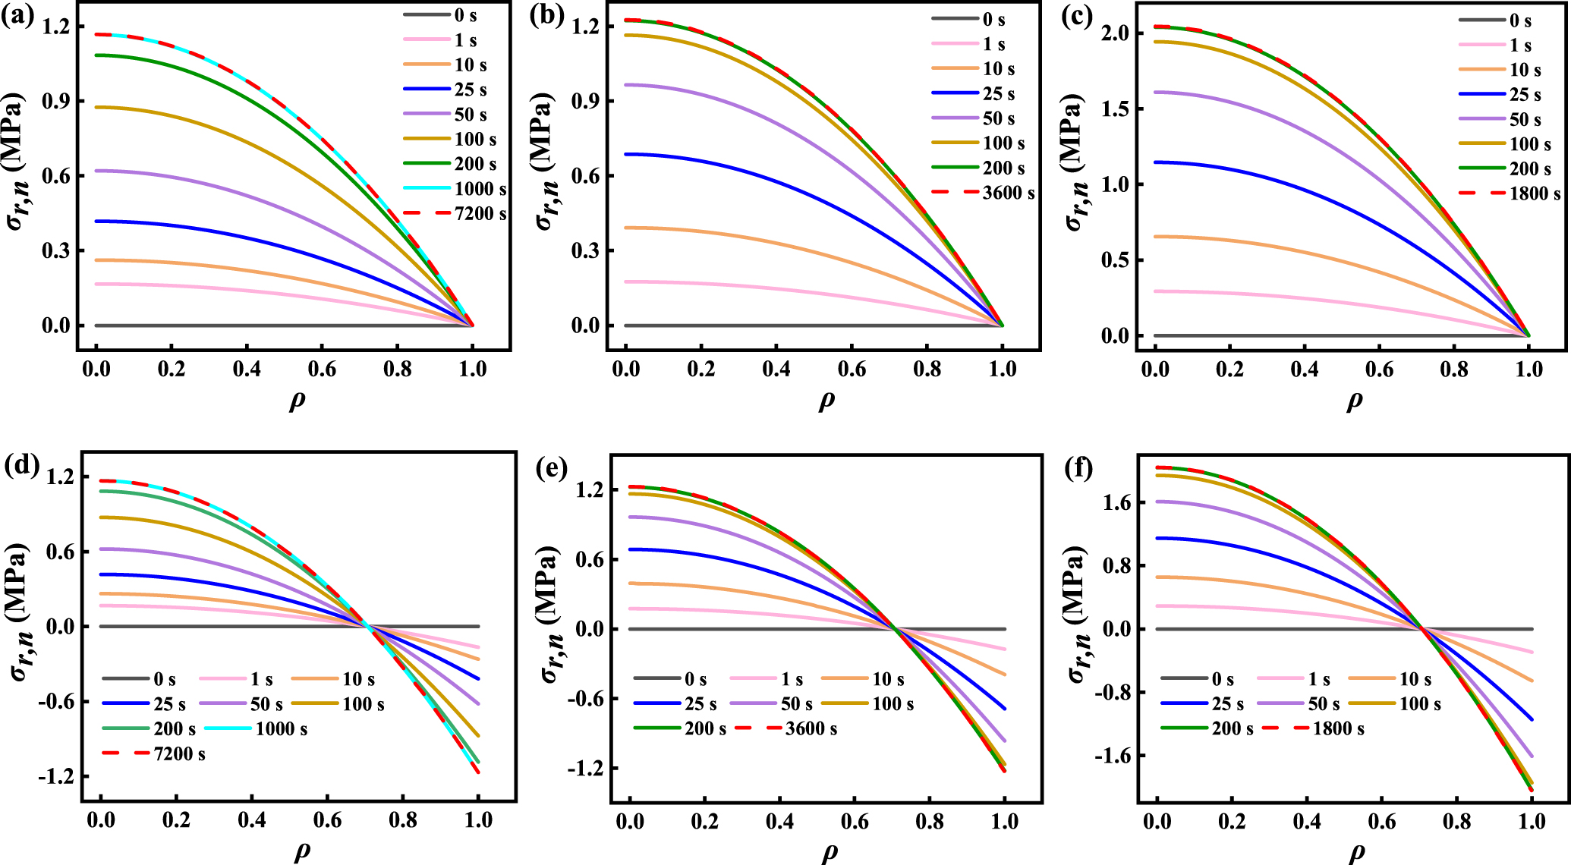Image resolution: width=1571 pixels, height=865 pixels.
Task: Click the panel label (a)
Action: tap(17, 15)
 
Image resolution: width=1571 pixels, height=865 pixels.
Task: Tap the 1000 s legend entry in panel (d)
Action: tap(281, 729)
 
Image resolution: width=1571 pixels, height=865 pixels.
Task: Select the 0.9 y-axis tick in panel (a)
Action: tap(56, 101)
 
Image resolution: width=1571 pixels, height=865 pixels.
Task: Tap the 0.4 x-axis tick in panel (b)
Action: tap(776, 370)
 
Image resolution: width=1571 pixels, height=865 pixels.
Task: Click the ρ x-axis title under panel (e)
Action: tap(830, 851)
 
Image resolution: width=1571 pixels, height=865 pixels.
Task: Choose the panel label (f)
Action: tap(1078, 467)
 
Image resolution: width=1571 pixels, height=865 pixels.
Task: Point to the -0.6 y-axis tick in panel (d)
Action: tap(56, 701)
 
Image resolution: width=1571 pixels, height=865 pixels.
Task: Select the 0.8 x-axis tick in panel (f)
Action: tap(1456, 820)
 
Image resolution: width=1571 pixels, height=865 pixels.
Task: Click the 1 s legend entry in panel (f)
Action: tap(1319, 680)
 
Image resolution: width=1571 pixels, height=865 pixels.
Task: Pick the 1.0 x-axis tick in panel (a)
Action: tap(473, 370)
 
